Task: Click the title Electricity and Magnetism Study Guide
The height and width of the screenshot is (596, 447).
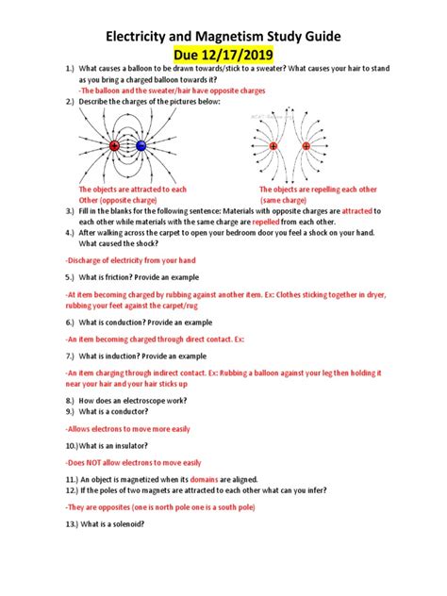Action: pos(223,39)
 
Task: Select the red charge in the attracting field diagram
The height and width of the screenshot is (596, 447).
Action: pos(115,146)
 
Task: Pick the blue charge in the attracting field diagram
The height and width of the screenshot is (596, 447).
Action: pos(141,146)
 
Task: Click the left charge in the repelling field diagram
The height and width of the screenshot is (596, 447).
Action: pos(273,146)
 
